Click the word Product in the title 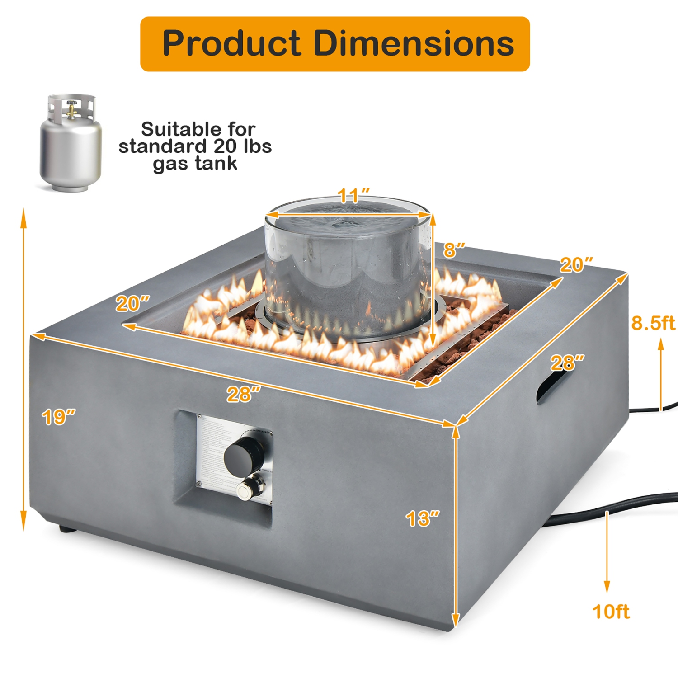(x=231, y=44)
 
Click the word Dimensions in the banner (x=413, y=44)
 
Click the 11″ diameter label (x=353, y=196)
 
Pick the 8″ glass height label (x=454, y=250)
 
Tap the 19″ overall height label (x=58, y=417)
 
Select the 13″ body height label (x=422, y=519)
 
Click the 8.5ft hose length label (x=653, y=323)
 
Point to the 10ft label (x=611, y=612)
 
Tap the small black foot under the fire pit (x=66, y=527)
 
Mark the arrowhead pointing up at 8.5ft (x=661, y=344)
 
